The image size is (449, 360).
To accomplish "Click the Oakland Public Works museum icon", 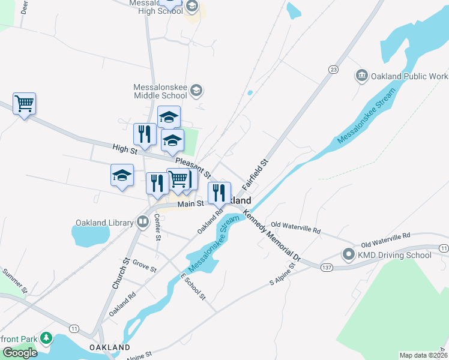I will [x=361, y=75].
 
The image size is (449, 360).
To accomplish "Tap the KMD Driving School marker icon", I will [x=349, y=254].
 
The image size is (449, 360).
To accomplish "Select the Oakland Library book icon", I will [x=143, y=223].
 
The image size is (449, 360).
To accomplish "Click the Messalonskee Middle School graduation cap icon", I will [x=196, y=91].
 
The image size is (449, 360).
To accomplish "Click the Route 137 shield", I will [x=327, y=266].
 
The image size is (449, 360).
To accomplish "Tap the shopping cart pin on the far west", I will [x=24, y=104].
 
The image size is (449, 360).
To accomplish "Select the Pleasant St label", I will [x=193, y=168].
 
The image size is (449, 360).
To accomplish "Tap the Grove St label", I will [x=145, y=266].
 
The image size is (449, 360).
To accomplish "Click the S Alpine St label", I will [x=283, y=273].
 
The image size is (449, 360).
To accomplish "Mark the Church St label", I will [x=121, y=274].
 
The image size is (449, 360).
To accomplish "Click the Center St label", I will [x=157, y=227].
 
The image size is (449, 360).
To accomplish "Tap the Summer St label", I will [x=14, y=281].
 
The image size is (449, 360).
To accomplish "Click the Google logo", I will [x=20, y=353].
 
